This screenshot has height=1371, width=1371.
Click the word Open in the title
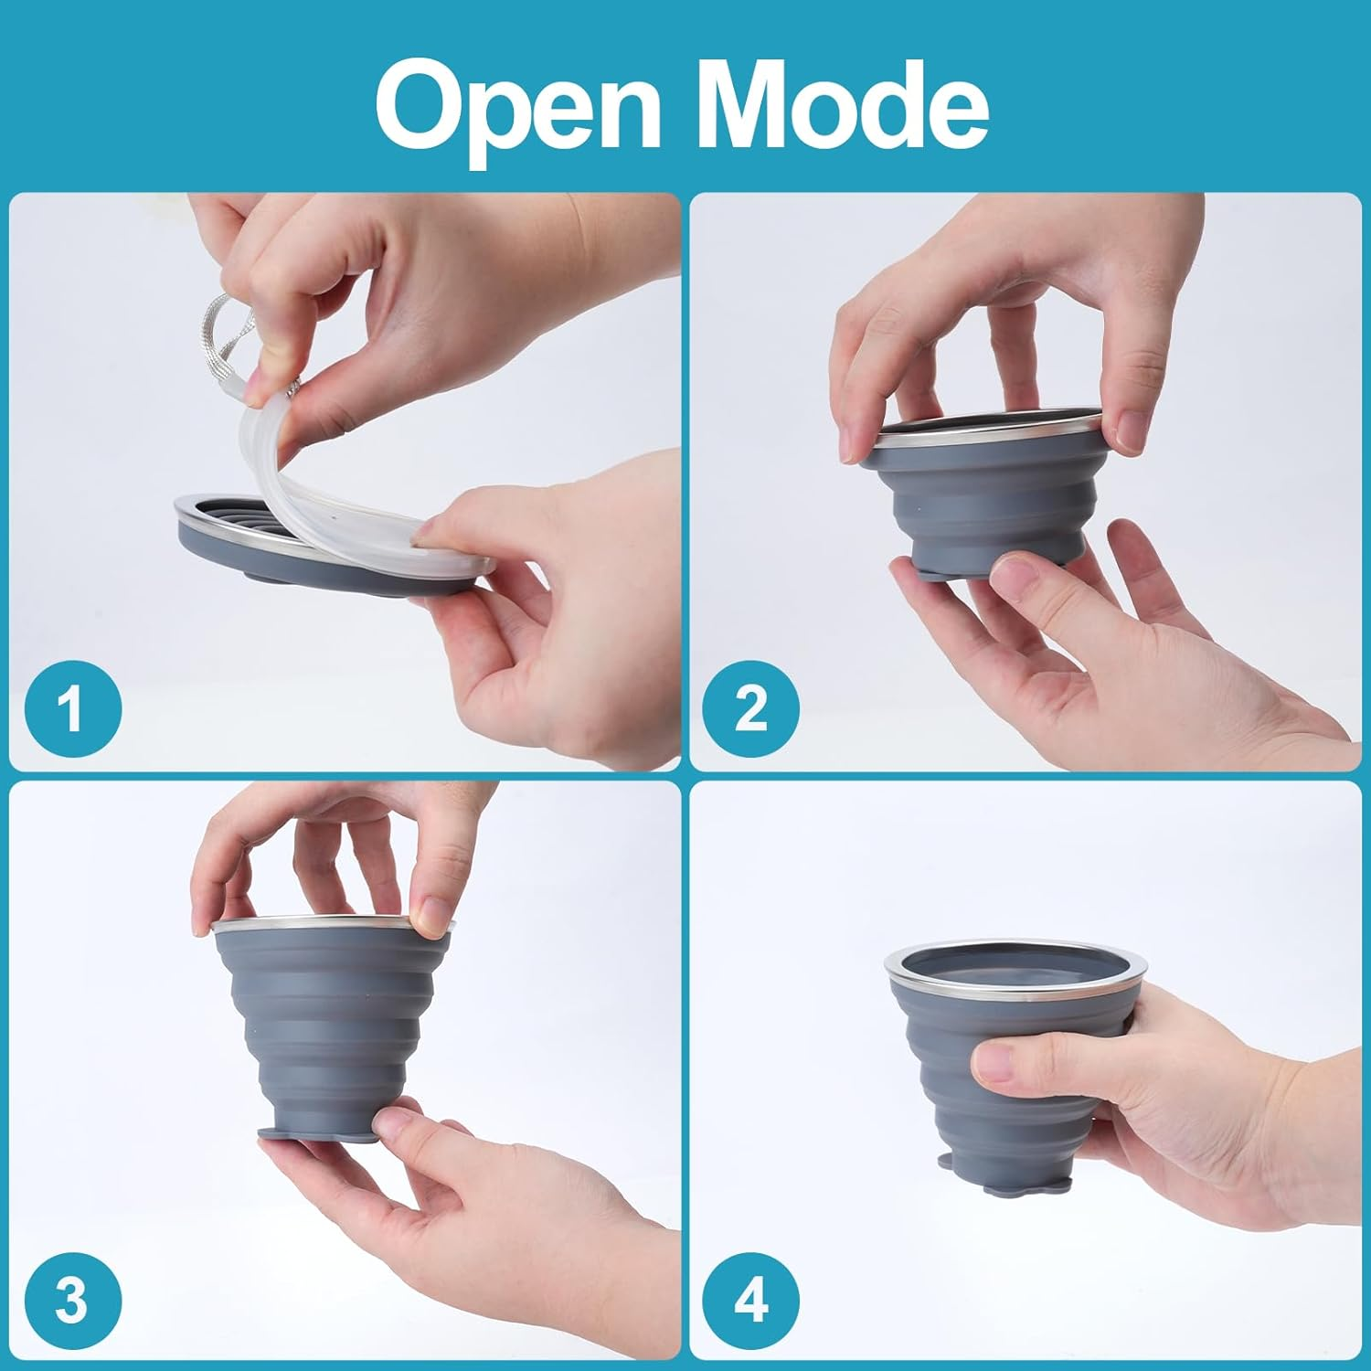click(517, 105)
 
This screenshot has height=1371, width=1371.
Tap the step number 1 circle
click(72, 707)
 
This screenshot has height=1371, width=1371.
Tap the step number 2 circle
click(750, 707)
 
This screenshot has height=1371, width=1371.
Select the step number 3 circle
click(72, 1299)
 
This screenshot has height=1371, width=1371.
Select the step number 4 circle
click(750, 1299)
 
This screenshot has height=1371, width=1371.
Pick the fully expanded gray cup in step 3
click(329, 1024)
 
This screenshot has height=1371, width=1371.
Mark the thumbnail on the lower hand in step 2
click(1015, 574)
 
